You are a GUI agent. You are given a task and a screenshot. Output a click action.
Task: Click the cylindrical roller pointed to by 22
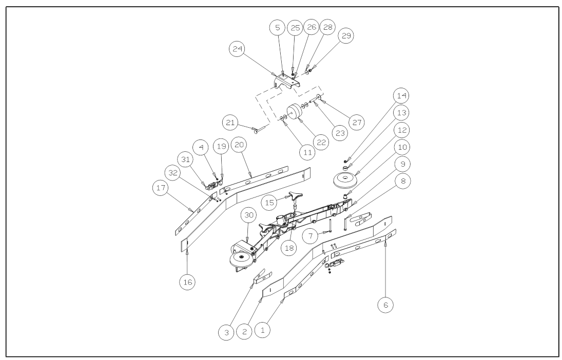(x=294, y=112)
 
